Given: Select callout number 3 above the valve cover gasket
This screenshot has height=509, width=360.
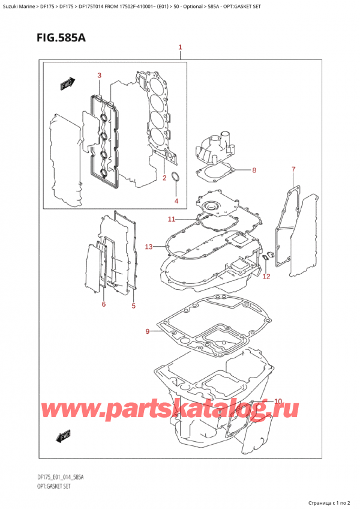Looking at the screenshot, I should tap(100, 75).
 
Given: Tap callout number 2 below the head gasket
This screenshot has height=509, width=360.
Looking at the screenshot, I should tap(164, 178).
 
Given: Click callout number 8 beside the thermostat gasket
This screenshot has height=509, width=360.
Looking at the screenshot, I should tap(254, 170).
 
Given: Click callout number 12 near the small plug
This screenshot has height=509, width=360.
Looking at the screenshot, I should tap(266, 276).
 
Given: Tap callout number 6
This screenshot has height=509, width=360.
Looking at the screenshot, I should tap(103, 304).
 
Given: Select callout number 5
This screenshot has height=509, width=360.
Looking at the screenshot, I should tap(133, 306).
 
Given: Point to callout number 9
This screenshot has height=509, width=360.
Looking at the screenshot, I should tap(148, 331).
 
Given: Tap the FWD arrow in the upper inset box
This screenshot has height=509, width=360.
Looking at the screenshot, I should tap(66, 86).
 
